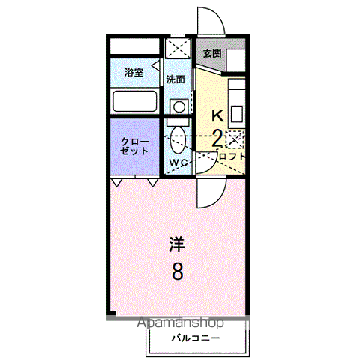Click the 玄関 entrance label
tap(211, 54)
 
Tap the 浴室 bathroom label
tap(133, 73)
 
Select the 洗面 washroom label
tap(176, 79)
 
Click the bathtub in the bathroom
tap(134, 100)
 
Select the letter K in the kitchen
tap(217, 116)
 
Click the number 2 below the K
tap(216, 137)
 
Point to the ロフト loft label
tap(231, 157)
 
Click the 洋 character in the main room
tap(176, 244)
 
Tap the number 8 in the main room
tap(177, 270)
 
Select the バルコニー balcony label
tap(194, 338)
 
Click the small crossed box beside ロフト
tap(234, 139)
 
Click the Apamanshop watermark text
tap(181, 323)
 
